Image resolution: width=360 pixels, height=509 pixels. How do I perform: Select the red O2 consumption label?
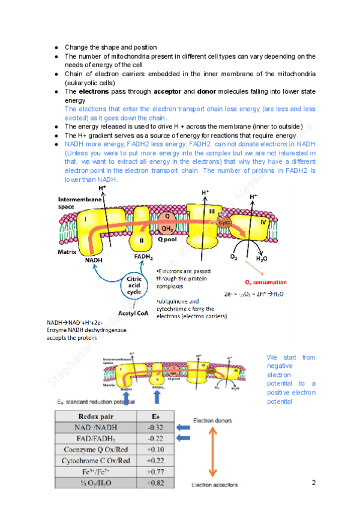265,282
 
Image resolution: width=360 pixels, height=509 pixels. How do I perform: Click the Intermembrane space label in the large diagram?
74,203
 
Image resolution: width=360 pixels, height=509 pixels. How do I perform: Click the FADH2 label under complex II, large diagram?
142,256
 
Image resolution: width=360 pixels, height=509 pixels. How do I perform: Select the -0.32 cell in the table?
155,427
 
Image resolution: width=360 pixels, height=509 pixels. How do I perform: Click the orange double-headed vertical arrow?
213,452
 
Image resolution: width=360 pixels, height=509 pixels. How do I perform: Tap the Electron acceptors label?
214,485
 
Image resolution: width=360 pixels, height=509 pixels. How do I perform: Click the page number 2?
314,482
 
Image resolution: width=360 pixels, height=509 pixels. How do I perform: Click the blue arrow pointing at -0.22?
187,439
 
